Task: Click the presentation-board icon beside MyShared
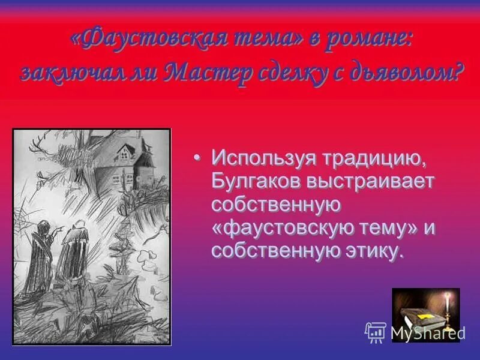[x=375, y=332]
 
